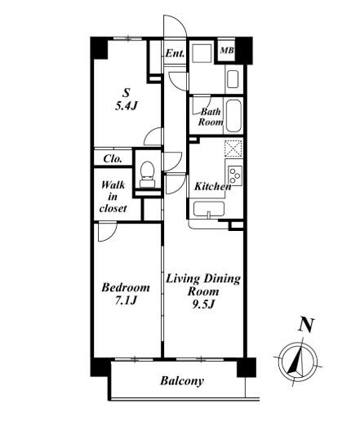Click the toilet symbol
[147, 175]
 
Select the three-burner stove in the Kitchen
[235, 175]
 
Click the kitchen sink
[209, 209]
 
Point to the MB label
[227, 51]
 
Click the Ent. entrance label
[175, 53]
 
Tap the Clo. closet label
[113, 158]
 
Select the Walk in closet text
[113, 197]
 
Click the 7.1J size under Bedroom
[126, 300]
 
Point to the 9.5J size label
[203, 304]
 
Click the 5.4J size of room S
[127, 105]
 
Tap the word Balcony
[182, 381]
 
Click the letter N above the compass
[306, 325]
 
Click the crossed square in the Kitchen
[233, 148]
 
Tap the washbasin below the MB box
[233, 79]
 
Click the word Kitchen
[212, 186]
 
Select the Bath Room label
[211, 117]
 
